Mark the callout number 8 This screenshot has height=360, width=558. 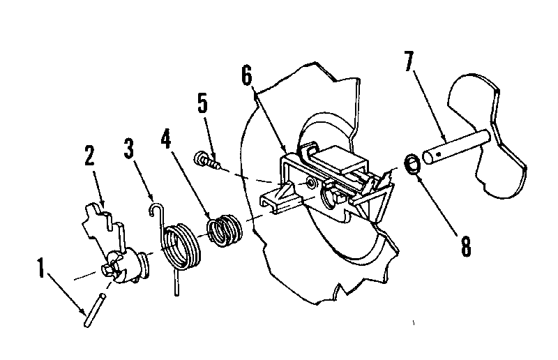point(465,246)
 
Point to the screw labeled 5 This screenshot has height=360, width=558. point(206,159)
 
